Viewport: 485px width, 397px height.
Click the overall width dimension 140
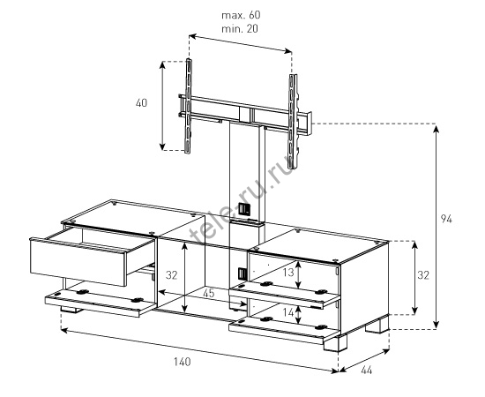pyautogui.click(x=182, y=362)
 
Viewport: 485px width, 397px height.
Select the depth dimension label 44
pyautogui.click(x=367, y=370)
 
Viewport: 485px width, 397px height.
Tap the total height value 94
pyautogui.click(x=446, y=219)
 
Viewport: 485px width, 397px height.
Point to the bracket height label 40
pyautogui.click(x=141, y=102)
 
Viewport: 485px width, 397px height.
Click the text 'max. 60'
pyautogui.click(x=241, y=15)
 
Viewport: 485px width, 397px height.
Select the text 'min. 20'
pyautogui.click(x=240, y=29)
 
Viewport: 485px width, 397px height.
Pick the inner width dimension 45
pyautogui.click(x=209, y=293)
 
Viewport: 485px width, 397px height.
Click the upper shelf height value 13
pyautogui.click(x=288, y=273)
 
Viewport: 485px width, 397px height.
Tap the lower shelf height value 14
pyautogui.click(x=288, y=312)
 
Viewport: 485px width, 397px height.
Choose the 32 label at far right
pyautogui.click(x=423, y=274)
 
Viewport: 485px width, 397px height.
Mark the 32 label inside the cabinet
pyautogui.click(x=171, y=274)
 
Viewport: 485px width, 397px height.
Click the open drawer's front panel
pyautogui.click(x=78, y=262)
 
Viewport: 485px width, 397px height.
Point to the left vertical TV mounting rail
pyautogui.click(x=189, y=106)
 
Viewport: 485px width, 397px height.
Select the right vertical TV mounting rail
pyautogui.click(x=293, y=122)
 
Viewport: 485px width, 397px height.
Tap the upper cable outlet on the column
pyautogui.click(x=243, y=209)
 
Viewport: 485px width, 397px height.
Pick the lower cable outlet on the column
pyautogui.click(x=242, y=273)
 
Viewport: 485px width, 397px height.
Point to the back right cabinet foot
pyautogui.click(x=377, y=326)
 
